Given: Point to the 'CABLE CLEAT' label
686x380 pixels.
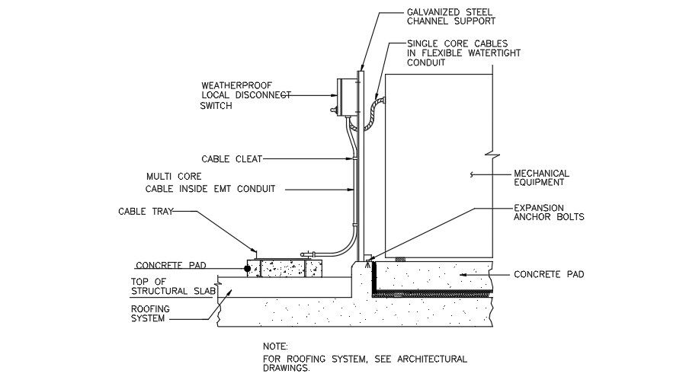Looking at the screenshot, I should click(232, 159).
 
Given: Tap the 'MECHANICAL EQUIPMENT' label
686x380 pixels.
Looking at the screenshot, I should click(541, 177).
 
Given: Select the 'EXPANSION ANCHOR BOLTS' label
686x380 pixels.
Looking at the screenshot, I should click(549, 212).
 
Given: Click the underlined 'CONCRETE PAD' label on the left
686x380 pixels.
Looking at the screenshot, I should click(171, 266).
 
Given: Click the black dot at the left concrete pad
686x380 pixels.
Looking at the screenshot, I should click(248, 268).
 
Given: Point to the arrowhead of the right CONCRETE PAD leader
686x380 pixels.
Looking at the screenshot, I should click(460, 274).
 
